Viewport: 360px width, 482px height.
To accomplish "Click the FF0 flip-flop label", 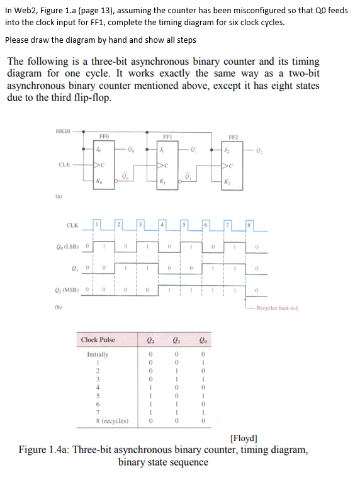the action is click(104, 135).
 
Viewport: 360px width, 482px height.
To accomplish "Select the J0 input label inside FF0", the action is click(97, 149).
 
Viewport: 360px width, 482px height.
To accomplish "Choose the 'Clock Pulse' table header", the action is click(98, 340).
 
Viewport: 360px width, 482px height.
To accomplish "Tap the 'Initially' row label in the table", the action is click(98, 354).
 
